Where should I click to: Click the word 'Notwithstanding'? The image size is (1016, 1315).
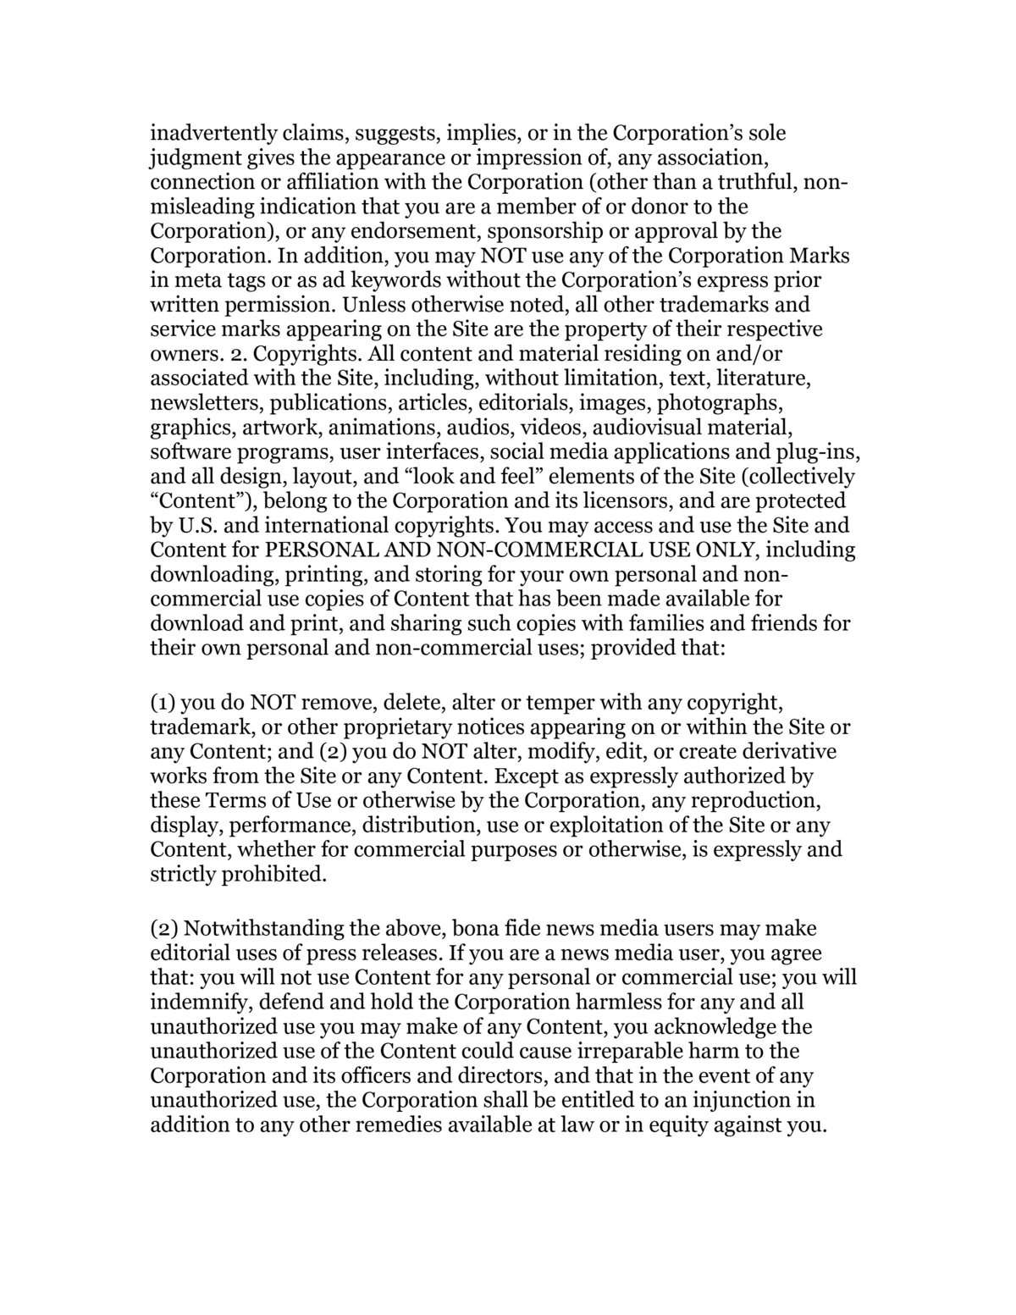click(x=261, y=929)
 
